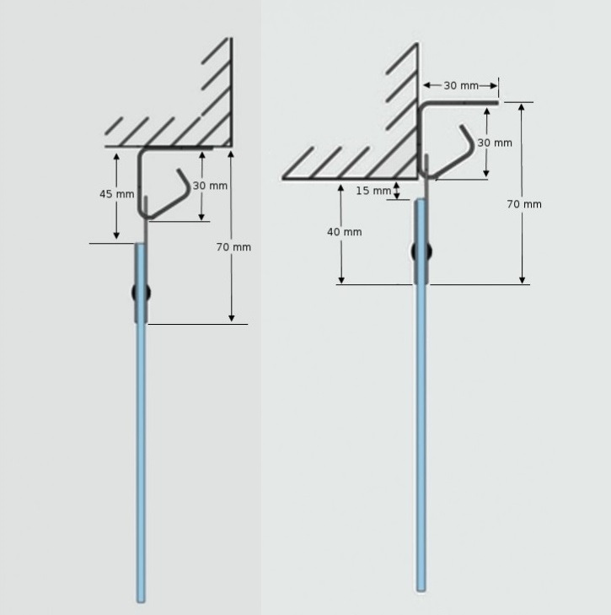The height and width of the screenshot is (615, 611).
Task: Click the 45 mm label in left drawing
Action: pos(117,194)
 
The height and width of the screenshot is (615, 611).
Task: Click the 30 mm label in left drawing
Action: pos(210,186)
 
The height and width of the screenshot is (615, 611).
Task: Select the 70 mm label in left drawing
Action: pos(233,247)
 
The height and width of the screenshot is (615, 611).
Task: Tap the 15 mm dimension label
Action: pos(373,191)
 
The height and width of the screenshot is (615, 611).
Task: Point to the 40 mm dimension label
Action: pos(345,232)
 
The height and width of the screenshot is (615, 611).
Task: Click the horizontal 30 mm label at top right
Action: pos(461,85)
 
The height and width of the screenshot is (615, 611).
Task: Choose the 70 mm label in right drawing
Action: pos(524,204)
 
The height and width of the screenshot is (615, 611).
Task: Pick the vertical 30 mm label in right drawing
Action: pos(495,143)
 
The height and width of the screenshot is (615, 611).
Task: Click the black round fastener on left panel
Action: pos(141,293)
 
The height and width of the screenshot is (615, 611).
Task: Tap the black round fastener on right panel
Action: pos(421,251)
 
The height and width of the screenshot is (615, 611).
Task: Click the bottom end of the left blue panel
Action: pos(141,602)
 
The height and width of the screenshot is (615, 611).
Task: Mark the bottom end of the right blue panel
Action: pos(421,590)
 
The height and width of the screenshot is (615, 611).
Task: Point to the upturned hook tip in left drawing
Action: pos(179,170)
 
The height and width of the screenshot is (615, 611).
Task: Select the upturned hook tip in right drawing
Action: pos(462,127)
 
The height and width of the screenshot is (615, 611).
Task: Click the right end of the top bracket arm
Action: pos(497,103)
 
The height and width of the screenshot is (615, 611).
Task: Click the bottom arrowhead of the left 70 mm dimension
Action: pos(231,318)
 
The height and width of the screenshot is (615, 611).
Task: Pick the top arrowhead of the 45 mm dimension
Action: pos(116,157)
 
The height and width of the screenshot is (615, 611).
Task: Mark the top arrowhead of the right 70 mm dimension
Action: pos(522,107)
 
